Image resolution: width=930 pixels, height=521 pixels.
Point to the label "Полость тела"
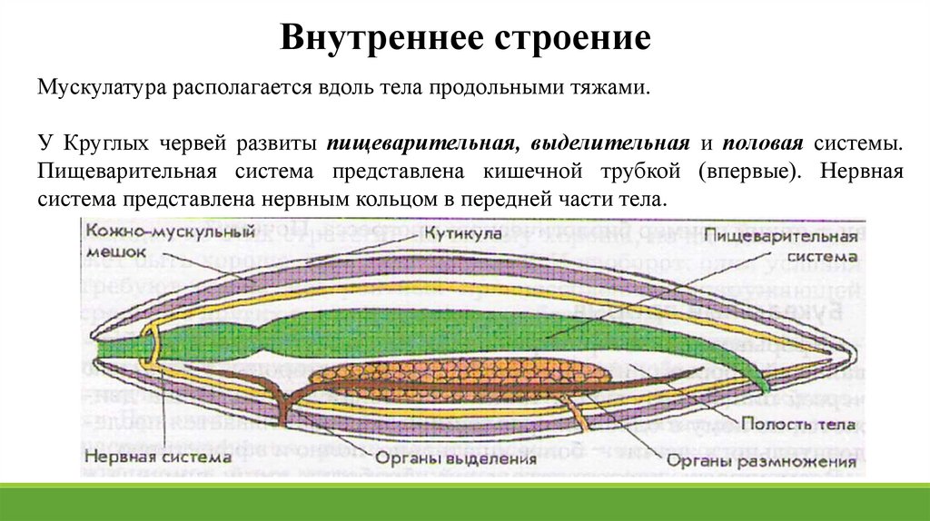[796, 424]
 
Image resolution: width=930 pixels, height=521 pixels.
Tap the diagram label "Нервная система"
[160, 458]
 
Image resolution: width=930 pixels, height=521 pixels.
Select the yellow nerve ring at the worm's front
[149, 348]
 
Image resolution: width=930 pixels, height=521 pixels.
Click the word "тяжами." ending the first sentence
[617, 89]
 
